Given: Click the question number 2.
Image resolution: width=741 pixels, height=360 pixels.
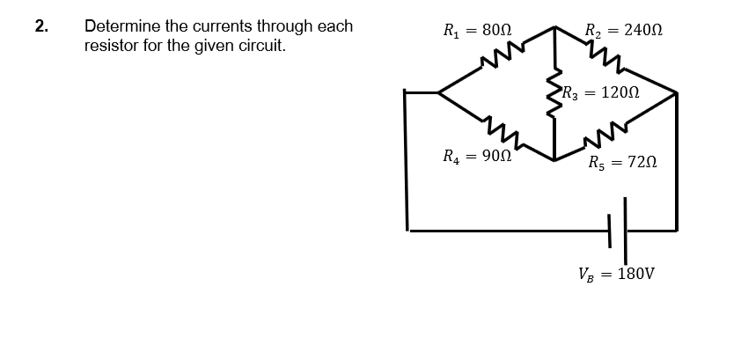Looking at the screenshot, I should (x=40, y=26).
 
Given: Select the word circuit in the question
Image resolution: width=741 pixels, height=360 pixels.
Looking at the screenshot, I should (x=261, y=44).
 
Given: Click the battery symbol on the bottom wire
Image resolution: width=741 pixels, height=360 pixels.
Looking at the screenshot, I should (x=618, y=230).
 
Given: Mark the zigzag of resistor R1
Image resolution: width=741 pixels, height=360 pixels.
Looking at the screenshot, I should (x=495, y=60).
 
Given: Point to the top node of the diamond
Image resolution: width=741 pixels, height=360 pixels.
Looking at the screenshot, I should (x=554, y=26).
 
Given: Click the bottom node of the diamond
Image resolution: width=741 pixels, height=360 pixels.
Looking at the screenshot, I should (x=554, y=160).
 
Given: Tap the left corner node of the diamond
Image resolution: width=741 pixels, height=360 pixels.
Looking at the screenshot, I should (x=438, y=92).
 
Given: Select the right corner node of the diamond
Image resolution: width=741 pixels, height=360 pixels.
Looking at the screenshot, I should (x=676, y=92).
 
